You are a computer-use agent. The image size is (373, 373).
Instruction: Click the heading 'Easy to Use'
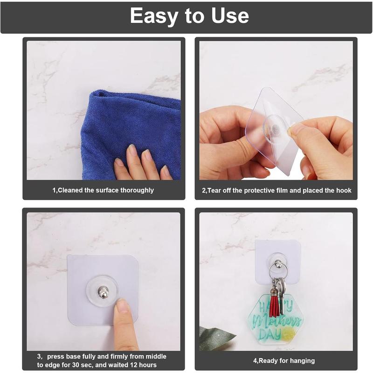coord(189,16)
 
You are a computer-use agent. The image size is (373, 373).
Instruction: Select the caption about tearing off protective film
coord(276,190)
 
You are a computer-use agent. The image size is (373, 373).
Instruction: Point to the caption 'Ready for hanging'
coord(283,360)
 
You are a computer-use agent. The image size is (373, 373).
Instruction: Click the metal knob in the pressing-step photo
coord(103,293)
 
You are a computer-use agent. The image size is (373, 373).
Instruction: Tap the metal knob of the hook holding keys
coord(278,265)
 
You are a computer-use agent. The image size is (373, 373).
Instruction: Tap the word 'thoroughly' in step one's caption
coord(137,190)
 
